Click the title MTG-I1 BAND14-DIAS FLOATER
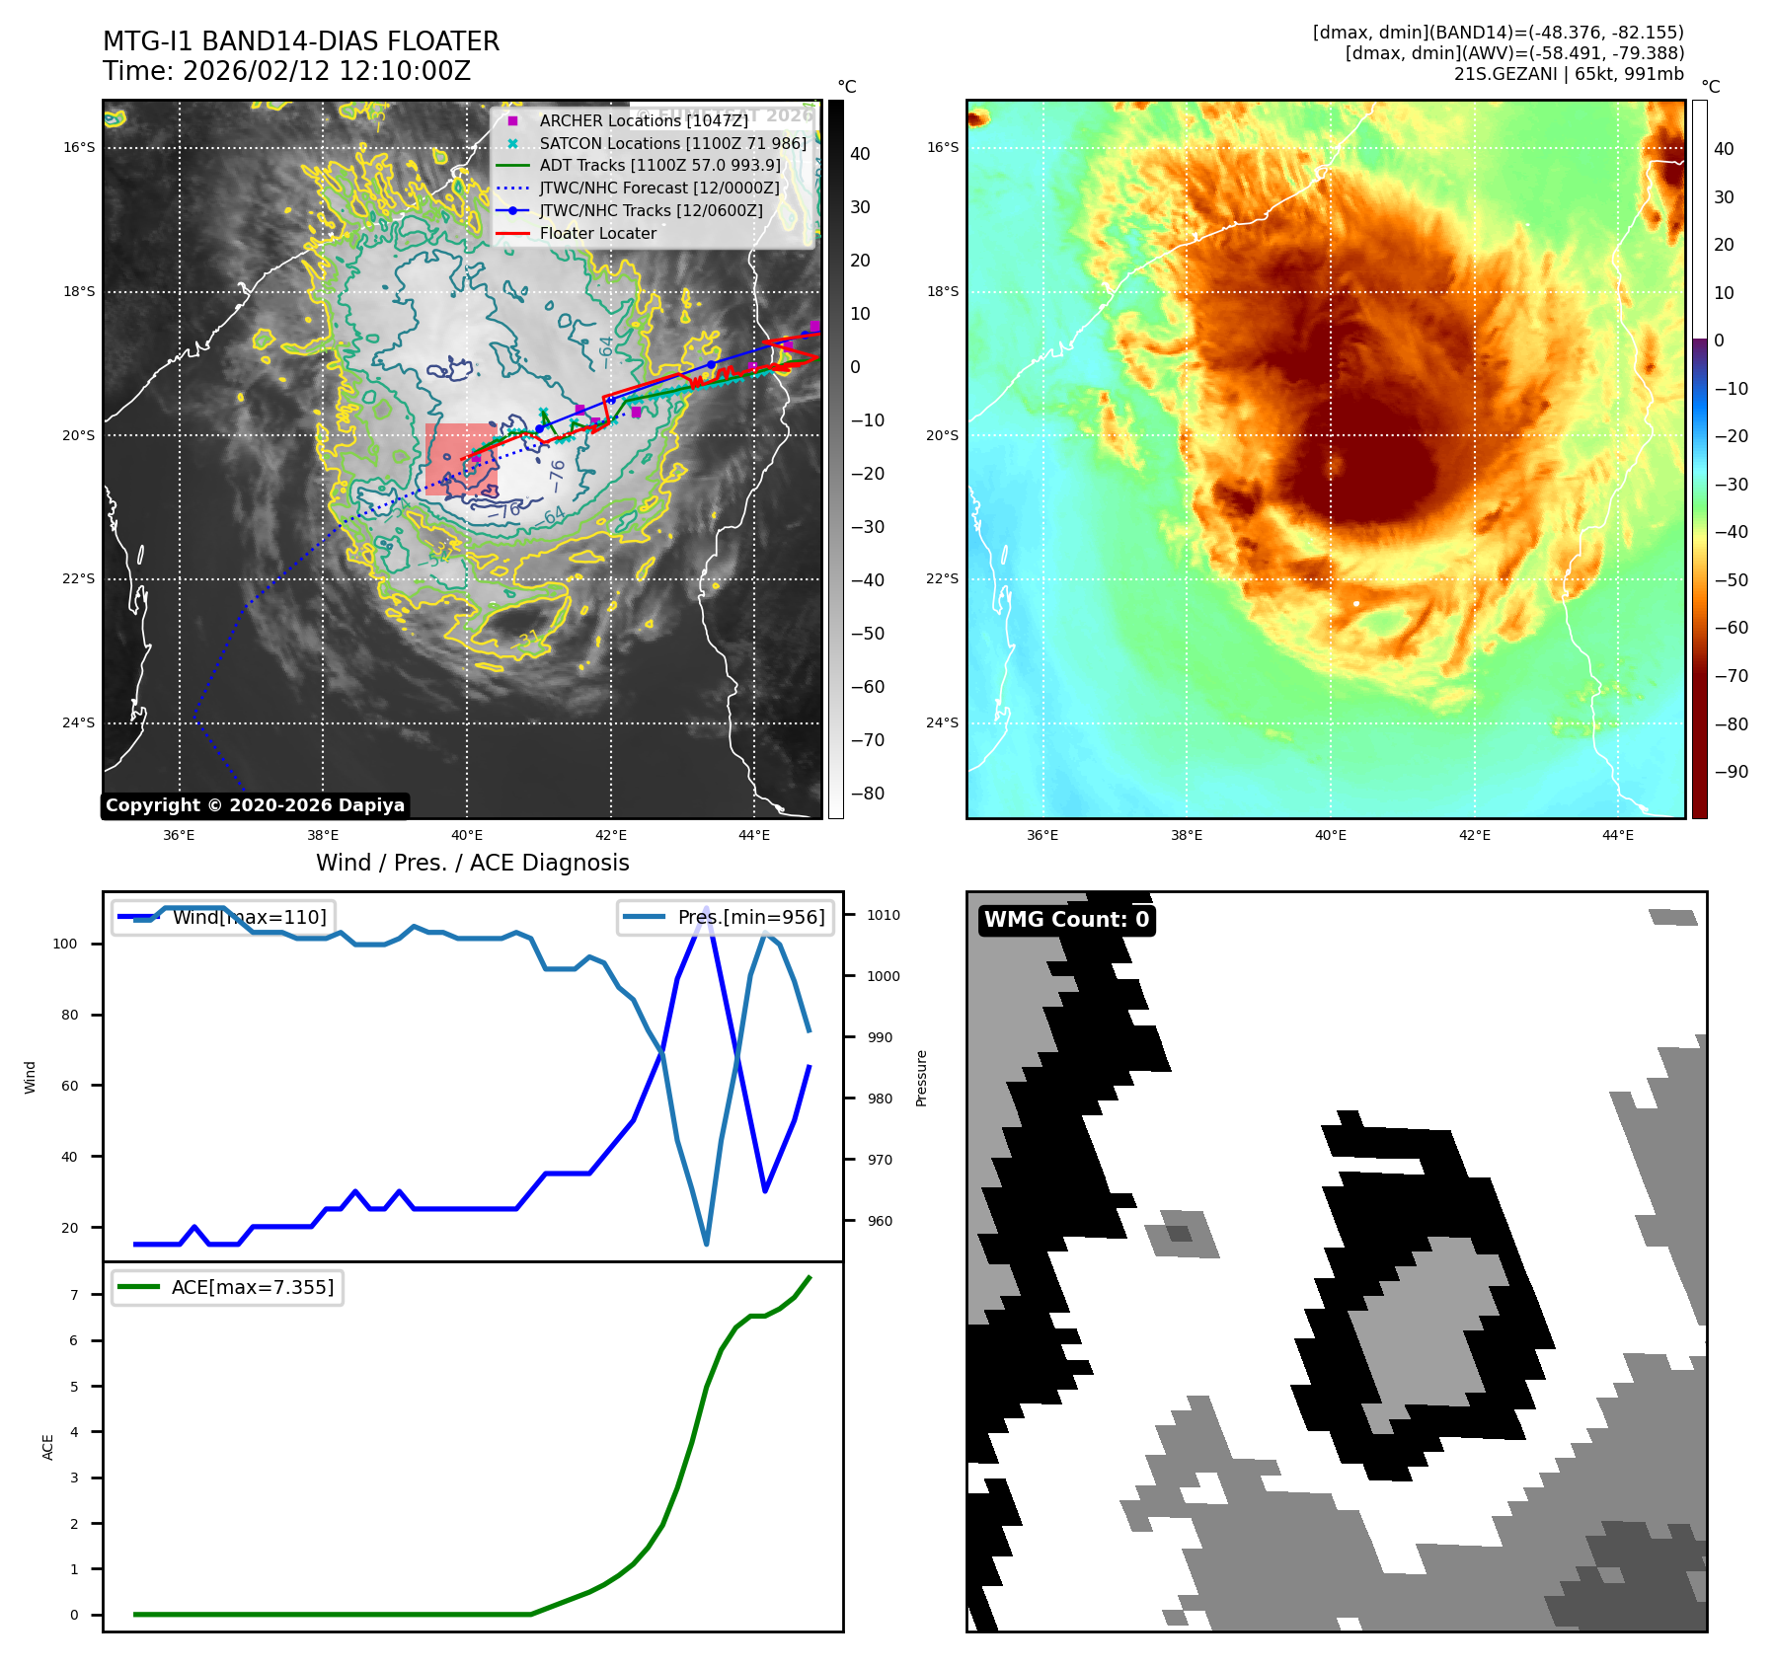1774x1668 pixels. [x=301, y=41]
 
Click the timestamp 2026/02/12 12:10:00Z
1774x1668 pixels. [x=326, y=71]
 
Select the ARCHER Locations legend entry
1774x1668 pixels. [x=643, y=120]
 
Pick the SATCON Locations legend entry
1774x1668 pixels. [x=671, y=143]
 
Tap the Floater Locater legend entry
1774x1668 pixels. [x=597, y=233]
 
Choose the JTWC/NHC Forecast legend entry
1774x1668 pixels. [x=658, y=188]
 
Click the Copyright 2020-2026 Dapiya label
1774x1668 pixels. [x=255, y=805]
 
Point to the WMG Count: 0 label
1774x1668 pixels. [x=1066, y=920]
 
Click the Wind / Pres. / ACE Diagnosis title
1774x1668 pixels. [x=472, y=863]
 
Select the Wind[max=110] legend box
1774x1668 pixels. [x=224, y=917]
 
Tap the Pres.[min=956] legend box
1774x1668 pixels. [x=727, y=917]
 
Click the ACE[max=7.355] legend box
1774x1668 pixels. [x=228, y=1287]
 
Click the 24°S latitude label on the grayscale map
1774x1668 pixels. [x=79, y=723]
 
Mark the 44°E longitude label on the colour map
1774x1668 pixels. [x=1617, y=835]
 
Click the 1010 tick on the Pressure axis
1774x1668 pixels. [x=883, y=915]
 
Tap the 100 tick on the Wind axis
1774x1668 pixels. [x=65, y=944]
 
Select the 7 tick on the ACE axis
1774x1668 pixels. [x=74, y=1295]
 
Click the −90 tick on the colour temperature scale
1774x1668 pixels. [x=1731, y=772]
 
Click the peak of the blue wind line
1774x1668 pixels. [x=706, y=907]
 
